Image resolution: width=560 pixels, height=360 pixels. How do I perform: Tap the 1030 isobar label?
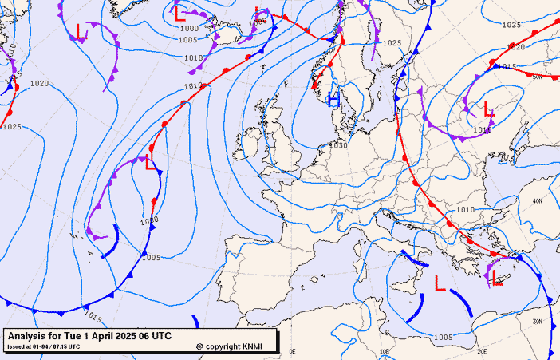point(339,145)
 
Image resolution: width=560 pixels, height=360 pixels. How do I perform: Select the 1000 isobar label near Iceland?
point(189,28)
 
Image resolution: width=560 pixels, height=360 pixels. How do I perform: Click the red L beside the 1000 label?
point(179,14)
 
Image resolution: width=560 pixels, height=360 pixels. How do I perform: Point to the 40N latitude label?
point(537,201)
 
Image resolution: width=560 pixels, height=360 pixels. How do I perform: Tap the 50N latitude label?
point(537,77)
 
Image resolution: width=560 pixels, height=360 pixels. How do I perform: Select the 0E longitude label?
point(292,351)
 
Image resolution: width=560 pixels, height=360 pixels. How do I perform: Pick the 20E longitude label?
point(481,351)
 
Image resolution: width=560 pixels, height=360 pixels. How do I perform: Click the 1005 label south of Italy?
point(444,337)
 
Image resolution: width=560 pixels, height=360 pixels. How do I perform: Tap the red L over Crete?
point(497,277)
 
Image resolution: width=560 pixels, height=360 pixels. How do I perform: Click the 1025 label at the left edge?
point(12,127)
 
